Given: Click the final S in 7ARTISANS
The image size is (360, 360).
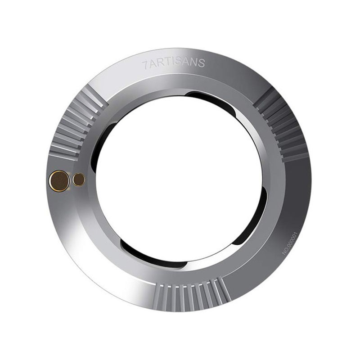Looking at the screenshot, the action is point(201,63).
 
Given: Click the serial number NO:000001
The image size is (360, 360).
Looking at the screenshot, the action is point(290,243).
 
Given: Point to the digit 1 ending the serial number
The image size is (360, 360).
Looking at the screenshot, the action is point(296,233).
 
